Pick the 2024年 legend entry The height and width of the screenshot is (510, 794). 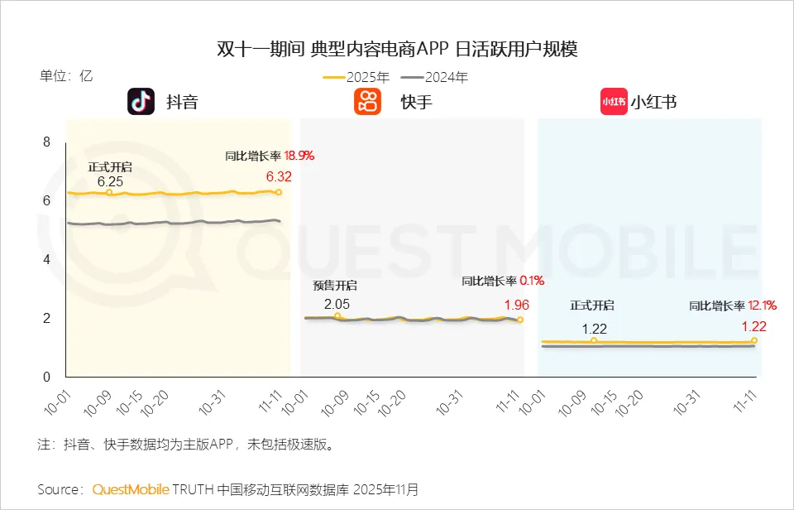pos(435,78)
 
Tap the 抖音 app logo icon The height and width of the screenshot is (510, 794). pos(141,101)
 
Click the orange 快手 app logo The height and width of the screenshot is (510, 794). pos(367,101)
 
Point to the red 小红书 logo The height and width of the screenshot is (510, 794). pos(614,101)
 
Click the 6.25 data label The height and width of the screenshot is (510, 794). pos(110,181)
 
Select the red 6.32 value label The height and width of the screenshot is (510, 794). pos(279,176)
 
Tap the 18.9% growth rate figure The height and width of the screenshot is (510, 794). pos(299,155)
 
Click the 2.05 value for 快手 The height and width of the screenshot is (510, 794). pos(337,304)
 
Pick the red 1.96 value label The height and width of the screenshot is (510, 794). pos(515,306)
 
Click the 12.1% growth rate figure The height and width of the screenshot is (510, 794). pos(762,306)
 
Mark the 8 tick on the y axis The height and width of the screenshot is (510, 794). pos(46,142)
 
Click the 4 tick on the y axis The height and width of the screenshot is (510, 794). pos(46,259)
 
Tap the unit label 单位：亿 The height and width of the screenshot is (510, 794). pos(67,76)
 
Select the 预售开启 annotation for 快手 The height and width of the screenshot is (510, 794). pos(335,286)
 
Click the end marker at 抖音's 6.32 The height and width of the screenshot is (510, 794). pos(279,192)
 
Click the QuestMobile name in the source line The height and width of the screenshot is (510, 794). pos(131,488)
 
